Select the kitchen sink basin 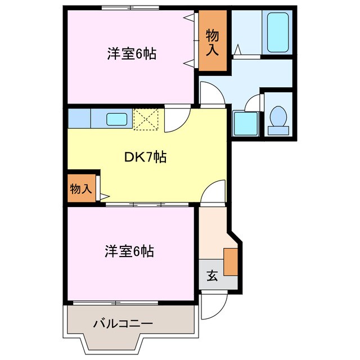(117, 119)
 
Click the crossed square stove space (147, 119)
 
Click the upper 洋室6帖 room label (131, 54)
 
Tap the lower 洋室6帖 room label (129, 251)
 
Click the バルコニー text (123, 324)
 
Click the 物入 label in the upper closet (212, 43)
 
